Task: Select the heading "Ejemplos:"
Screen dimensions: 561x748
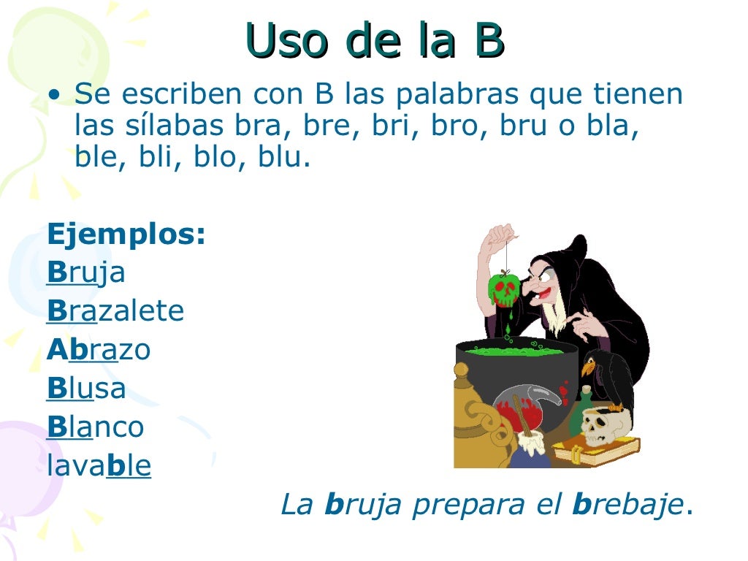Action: pyautogui.click(x=126, y=235)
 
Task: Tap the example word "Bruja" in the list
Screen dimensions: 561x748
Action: pyautogui.click(x=86, y=272)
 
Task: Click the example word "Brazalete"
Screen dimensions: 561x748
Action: pyautogui.click(x=115, y=312)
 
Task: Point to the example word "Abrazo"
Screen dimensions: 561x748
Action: pyautogui.click(x=99, y=351)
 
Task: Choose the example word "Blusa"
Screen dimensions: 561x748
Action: pyautogui.click(x=86, y=389)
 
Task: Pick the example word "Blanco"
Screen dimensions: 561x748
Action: pyautogui.click(x=95, y=427)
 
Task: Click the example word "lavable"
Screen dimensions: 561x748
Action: pyautogui.click(x=99, y=466)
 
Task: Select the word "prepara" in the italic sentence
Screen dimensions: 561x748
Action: pyautogui.click(x=465, y=505)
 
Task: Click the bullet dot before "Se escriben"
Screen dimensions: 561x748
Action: pyautogui.click(x=53, y=96)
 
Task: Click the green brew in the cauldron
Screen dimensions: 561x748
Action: pyautogui.click(x=514, y=351)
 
